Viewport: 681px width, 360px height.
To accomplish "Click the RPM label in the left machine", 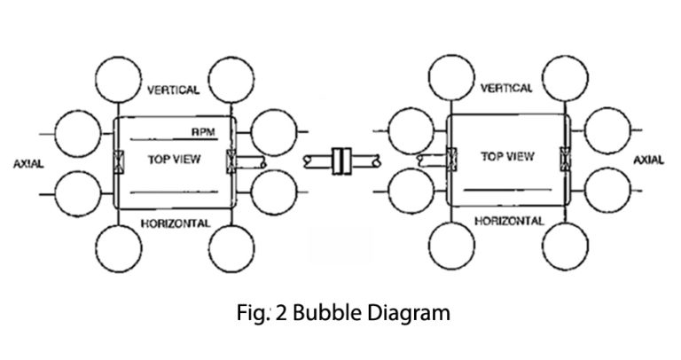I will [x=203, y=131].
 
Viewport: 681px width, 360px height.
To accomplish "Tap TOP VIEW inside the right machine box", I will [x=507, y=157].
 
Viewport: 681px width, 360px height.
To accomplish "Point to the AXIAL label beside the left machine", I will [x=32, y=165].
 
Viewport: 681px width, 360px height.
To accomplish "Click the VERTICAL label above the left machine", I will [x=174, y=91].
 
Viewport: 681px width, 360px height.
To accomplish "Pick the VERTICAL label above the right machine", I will [x=506, y=89].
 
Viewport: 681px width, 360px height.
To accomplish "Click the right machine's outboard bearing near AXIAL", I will [x=564, y=160].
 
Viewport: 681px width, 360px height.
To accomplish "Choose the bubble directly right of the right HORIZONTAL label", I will [x=567, y=245].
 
